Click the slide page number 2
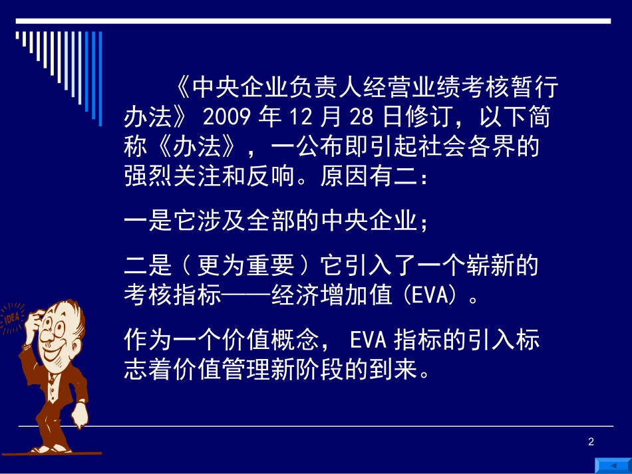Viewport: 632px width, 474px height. pos(591,442)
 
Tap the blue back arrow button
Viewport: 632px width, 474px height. pos(612,463)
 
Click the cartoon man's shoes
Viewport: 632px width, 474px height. pos(50,449)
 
